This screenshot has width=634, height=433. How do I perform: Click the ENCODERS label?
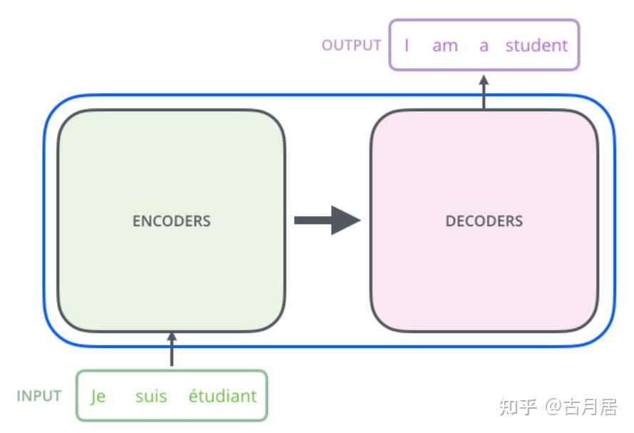(171, 220)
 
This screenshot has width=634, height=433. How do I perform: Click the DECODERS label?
(484, 220)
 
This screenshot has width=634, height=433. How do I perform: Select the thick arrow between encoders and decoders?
(327, 220)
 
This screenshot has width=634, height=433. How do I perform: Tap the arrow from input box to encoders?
(172, 350)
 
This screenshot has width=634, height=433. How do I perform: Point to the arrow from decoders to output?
(484, 92)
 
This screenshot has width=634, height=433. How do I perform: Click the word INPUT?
(39, 396)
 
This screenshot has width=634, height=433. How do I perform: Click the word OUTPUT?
(352, 45)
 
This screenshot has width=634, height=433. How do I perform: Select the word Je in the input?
(98, 396)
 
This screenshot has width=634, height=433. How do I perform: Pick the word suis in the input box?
(151, 396)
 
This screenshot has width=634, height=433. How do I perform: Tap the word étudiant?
(223, 395)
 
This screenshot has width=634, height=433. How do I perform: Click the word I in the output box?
(407, 45)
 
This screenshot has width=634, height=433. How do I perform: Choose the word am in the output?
(445, 46)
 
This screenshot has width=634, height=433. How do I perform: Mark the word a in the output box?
(484, 46)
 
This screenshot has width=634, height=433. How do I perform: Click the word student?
(536, 45)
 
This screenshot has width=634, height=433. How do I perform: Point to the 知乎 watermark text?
(518, 407)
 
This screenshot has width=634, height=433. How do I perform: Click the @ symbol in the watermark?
(553, 407)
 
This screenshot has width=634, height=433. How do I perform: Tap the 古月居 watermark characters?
(590, 407)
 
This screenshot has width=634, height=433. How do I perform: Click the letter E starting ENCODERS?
(136, 220)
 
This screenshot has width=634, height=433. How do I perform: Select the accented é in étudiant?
(193, 395)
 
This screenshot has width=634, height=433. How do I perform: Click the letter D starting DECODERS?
(450, 220)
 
